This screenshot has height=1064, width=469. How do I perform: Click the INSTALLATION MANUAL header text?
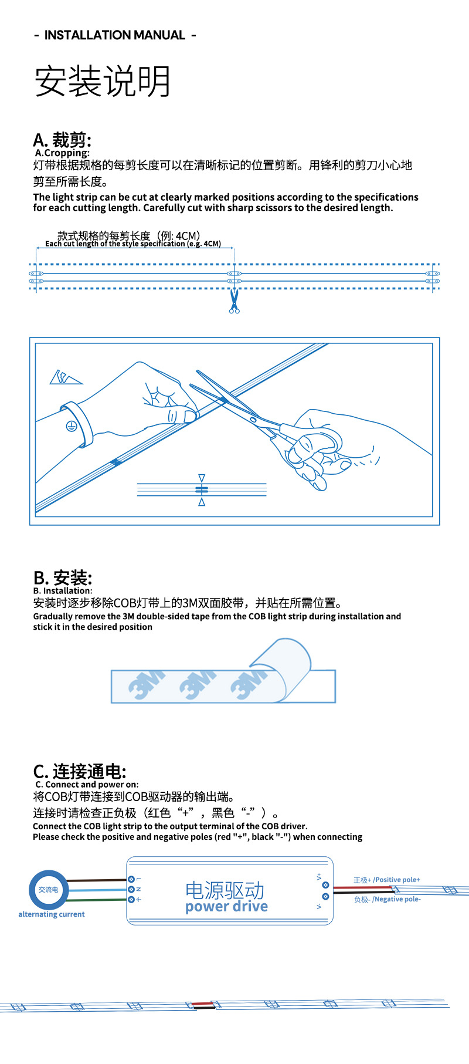pyautogui.click(x=115, y=35)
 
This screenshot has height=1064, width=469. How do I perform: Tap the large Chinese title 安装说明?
pyautogui.click(x=103, y=81)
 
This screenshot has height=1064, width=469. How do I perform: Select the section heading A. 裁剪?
pyautogui.click(x=62, y=140)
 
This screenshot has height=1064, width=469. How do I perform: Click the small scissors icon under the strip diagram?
pyautogui.click(x=235, y=300)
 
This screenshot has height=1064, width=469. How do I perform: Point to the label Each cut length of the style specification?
pyautogui.click(x=133, y=244)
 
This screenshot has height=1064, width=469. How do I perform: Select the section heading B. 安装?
pyautogui.click(x=63, y=577)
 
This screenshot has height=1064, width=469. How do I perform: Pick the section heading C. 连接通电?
pyautogui.click(x=80, y=771)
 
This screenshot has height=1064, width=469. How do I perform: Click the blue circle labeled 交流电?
pyautogui.click(x=49, y=890)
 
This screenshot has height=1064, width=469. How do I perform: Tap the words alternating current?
pyautogui.click(x=52, y=914)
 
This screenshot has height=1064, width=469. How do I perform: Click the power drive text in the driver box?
pyautogui.click(x=226, y=907)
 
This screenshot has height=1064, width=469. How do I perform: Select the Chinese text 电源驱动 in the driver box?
pyautogui.click(x=225, y=890)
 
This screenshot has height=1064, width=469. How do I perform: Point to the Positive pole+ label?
pyautogui.click(x=387, y=880)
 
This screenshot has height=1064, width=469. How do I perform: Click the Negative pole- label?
pyautogui.click(x=388, y=899)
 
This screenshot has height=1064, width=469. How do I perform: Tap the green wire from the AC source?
pyautogui.click(x=97, y=900)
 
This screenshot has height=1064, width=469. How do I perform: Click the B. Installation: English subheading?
pyautogui.click(x=63, y=591)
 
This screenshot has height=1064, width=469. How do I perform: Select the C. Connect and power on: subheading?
pyautogui.click(x=87, y=785)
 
